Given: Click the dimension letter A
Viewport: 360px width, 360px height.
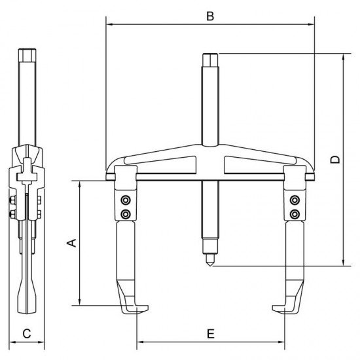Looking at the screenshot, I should click(73, 243).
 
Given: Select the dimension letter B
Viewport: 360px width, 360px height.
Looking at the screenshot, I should click(209, 16).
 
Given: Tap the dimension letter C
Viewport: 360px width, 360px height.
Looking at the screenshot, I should click(26, 333).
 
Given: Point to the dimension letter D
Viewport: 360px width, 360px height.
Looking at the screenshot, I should click(334, 159).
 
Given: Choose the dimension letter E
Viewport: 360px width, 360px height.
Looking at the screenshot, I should click(210, 333).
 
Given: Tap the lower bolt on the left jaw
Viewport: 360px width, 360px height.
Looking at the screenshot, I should click(125, 214).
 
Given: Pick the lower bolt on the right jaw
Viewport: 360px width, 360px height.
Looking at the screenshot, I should click(295, 214).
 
